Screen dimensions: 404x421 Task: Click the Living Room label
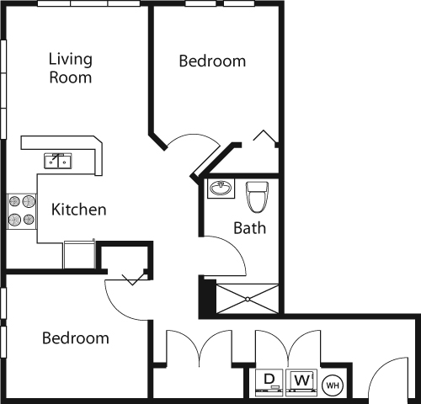coord(70,68)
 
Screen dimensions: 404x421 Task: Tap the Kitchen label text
coord(78,209)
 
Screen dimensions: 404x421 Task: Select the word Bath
coord(249,227)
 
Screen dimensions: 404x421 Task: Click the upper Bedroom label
coord(213,61)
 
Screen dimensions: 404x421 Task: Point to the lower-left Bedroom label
coord(76,338)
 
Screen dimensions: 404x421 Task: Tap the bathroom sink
coord(222,188)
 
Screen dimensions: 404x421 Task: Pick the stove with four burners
coord(23,210)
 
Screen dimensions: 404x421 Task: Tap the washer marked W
coord(301,381)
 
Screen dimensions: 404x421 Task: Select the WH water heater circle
coord(332,385)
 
